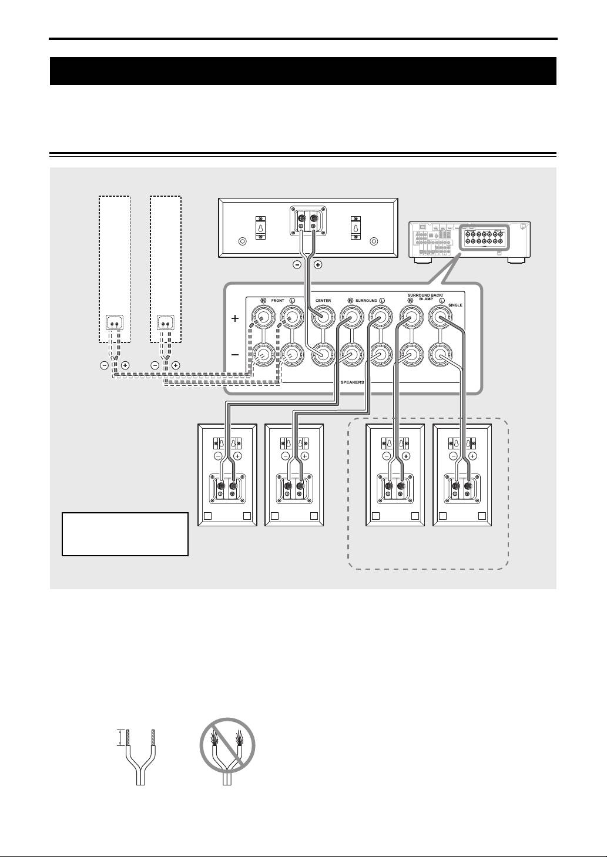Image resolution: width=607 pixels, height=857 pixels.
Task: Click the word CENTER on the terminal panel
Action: coord(323,301)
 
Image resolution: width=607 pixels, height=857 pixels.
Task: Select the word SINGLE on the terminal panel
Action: coord(455,305)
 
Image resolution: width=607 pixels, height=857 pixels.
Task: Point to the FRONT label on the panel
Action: coord(277,301)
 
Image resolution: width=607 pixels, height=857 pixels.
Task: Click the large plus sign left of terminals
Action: coord(235,318)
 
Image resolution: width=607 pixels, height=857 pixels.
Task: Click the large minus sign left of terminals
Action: coord(235,355)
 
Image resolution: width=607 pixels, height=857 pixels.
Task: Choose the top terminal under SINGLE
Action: coord(441,319)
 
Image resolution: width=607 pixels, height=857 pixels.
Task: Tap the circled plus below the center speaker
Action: coord(318,264)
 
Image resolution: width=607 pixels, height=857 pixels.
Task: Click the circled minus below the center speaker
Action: coord(297,264)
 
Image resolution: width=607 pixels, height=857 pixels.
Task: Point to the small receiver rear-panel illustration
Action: coord(469,240)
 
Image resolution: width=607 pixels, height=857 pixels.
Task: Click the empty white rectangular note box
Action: coord(125,534)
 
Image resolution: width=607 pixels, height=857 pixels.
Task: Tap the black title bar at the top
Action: coord(303,71)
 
